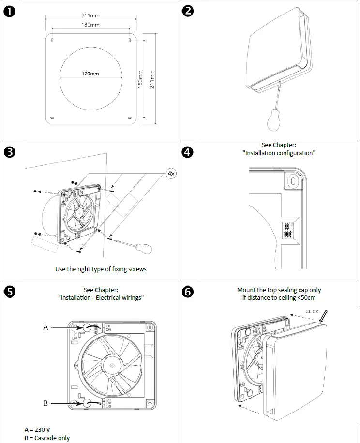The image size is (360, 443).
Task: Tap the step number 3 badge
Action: coord(9,152)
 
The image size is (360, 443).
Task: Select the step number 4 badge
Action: coord(188,152)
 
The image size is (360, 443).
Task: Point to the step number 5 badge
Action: coord(9,291)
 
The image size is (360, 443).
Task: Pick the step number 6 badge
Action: coord(188,292)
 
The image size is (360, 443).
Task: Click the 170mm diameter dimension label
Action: coord(90,74)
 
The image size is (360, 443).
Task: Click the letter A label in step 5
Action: coord(45,327)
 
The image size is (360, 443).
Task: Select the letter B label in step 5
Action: coord(45,402)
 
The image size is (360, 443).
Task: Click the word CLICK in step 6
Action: coord(312,311)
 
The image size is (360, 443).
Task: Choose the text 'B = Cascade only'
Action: coord(47,438)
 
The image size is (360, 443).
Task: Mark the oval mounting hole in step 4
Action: coord(292,180)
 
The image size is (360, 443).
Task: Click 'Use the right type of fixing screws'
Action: coord(101,269)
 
